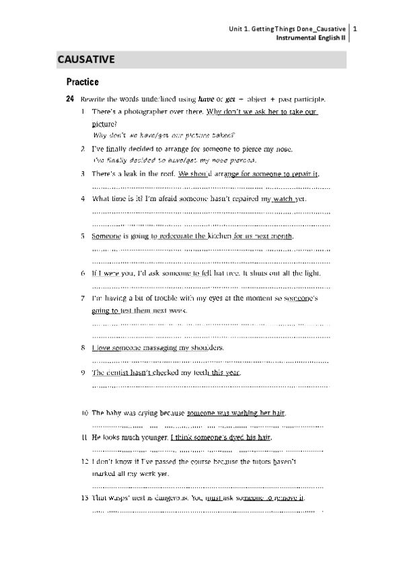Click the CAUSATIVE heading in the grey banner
87,59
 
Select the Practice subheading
82,82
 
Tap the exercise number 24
70,99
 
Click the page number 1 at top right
355,29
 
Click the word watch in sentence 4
284,199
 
